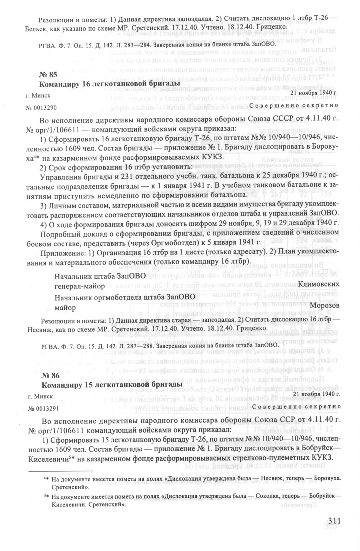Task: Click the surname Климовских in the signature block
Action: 319,284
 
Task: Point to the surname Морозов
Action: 325,305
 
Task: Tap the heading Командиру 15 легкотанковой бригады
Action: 112,385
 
